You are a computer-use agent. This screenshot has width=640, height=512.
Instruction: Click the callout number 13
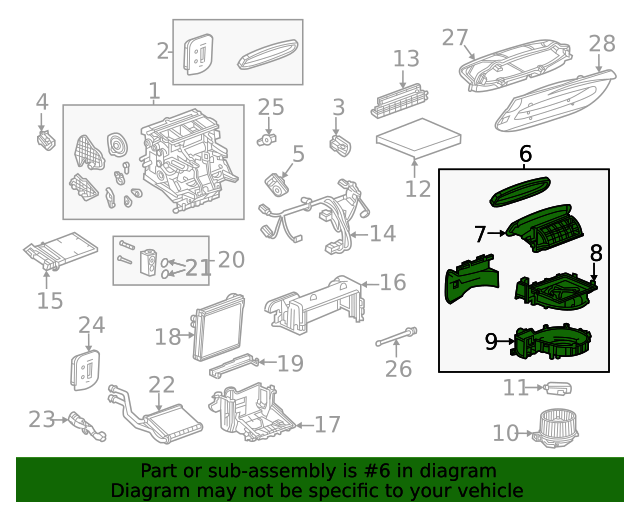click(x=406, y=59)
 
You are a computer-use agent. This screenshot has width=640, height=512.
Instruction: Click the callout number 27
click(x=455, y=37)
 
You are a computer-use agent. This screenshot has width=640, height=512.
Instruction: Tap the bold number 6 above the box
click(x=525, y=155)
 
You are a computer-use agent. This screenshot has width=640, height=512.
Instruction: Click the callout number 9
click(x=491, y=342)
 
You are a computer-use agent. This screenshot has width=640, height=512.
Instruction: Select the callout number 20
click(x=231, y=260)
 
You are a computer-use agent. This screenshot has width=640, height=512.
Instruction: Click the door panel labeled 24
click(x=87, y=368)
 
